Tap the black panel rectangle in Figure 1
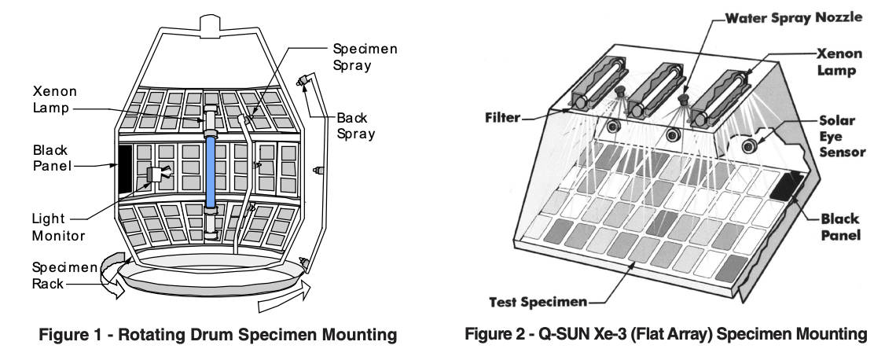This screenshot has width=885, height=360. pyautogui.click(x=123, y=167)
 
